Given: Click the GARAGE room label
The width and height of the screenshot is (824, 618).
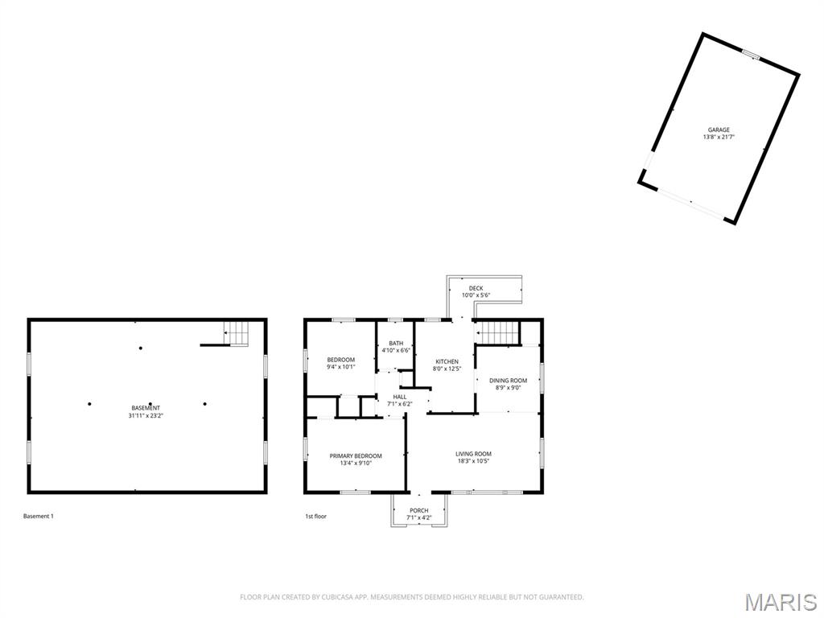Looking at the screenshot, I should click(719, 130).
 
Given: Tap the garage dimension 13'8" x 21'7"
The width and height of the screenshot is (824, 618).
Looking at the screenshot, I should click(719, 138).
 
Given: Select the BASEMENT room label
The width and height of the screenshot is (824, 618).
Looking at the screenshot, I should click(146, 408).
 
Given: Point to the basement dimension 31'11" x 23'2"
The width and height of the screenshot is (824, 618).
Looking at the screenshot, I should click(146, 416).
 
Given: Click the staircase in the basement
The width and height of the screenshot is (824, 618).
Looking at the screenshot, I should click(236, 332).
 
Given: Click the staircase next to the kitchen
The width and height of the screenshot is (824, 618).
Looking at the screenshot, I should click(496, 332).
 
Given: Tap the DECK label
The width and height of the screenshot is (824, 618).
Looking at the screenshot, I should click(476, 288).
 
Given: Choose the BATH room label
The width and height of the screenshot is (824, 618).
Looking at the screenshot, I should click(396, 344).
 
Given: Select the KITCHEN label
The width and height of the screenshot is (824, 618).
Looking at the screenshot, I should click(447, 361).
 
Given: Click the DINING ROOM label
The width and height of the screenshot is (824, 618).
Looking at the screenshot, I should click(508, 381).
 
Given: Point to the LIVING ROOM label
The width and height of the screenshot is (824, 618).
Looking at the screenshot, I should click(473, 454).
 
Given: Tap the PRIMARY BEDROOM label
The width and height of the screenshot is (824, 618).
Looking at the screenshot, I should click(356, 456).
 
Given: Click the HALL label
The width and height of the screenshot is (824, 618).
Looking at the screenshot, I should click(400, 397).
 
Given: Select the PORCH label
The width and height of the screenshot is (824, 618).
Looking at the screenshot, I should click(419, 510).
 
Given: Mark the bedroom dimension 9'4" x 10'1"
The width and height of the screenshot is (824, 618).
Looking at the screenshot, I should click(340, 367).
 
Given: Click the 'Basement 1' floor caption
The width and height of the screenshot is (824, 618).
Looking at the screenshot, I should click(38, 516).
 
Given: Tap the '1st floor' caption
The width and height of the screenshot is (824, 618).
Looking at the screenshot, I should click(315, 516).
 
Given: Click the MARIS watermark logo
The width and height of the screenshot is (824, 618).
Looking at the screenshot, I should click(780, 602).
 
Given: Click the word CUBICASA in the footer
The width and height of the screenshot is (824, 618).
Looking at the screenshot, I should click(327, 597).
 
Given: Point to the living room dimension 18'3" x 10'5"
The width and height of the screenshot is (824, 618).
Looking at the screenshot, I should click(473, 461).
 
